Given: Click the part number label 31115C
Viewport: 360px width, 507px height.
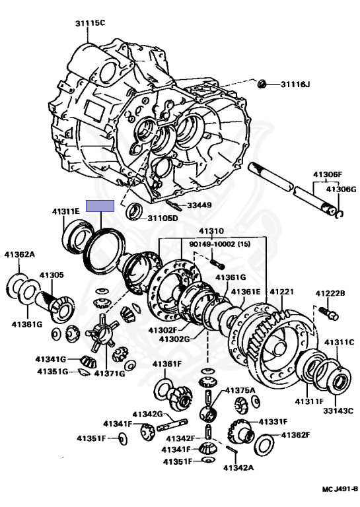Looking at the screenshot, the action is tap(90, 23).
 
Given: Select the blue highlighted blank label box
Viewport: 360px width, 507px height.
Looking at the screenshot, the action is tap(100, 206).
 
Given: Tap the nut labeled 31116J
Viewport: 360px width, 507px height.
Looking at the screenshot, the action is tap(262, 84).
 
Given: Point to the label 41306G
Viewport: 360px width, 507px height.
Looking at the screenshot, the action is tap(341, 189).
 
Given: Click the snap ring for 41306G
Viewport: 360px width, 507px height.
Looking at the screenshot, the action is tap(340, 214).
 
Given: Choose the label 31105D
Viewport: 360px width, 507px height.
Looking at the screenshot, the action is tap(162, 219).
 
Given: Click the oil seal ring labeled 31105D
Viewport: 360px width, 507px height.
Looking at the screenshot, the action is tap(134, 211).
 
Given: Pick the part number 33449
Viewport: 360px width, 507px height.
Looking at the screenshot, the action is tap(199, 205).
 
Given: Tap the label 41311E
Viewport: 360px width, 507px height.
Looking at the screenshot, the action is tap(66, 211).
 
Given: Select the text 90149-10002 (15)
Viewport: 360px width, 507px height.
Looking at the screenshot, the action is tap(220, 244).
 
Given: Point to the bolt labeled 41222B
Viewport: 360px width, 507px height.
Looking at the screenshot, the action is tap(329, 312).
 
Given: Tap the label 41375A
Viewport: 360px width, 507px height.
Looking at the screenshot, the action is tap(240, 390).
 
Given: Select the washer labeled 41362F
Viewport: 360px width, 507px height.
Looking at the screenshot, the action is tap(264, 445).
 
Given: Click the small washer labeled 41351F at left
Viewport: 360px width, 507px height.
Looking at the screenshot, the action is tap(123, 439).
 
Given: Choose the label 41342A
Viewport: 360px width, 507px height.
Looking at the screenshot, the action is tap(238, 467).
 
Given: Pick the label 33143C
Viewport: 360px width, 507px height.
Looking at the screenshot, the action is tap(338, 411).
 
